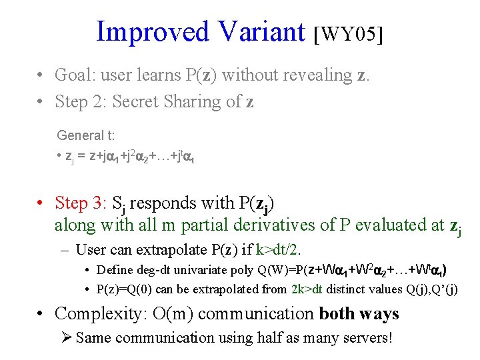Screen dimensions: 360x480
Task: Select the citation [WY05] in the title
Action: (348, 33)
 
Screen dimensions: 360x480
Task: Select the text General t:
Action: (86, 136)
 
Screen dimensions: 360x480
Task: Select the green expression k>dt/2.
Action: (278, 250)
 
